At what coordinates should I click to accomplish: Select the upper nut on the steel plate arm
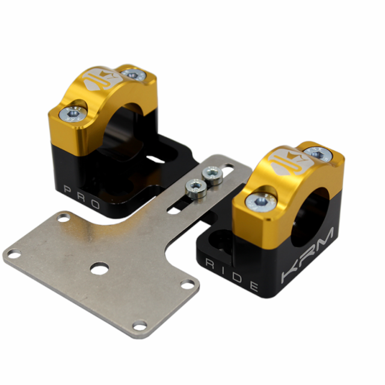coord(211,174)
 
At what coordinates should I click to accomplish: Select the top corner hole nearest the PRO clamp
coord(63,218)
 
